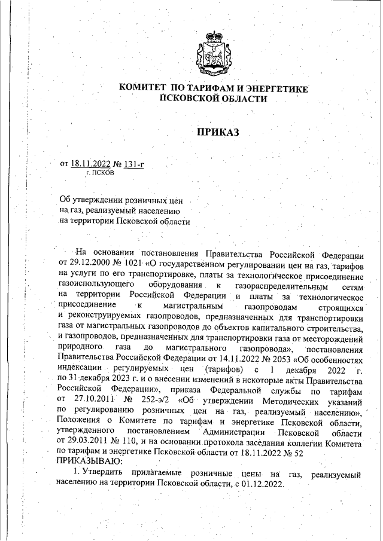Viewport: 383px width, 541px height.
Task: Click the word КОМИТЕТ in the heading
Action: pos(144,88)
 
